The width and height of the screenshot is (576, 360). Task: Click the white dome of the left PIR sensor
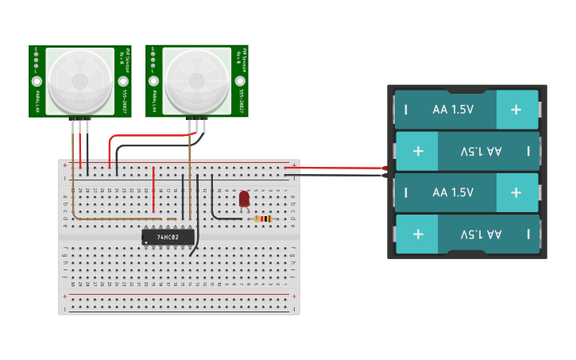click(79, 80)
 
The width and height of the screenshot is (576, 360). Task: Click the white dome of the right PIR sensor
click(196, 80)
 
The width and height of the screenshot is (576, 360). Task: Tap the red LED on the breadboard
click(244, 199)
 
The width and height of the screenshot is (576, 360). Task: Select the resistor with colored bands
click(263, 219)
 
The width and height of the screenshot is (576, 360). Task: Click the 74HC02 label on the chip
click(168, 237)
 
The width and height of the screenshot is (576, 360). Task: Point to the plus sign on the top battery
click(516, 110)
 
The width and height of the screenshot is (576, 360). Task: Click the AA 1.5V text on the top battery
click(453, 110)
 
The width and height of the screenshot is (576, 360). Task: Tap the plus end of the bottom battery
click(419, 234)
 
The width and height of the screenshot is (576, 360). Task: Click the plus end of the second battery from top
click(419, 151)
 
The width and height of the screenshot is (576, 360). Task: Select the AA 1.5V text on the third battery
click(453, 192)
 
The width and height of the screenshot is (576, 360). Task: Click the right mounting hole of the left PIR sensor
click(123, 81)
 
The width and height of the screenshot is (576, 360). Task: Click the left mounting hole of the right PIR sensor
click(153, 81)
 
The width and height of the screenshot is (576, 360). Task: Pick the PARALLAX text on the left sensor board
click(37, 102)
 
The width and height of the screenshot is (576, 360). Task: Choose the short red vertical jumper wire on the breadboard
click(153, 189)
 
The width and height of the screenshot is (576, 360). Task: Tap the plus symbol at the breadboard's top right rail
click(294, 165)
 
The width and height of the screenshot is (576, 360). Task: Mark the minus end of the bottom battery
click(528, 234)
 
